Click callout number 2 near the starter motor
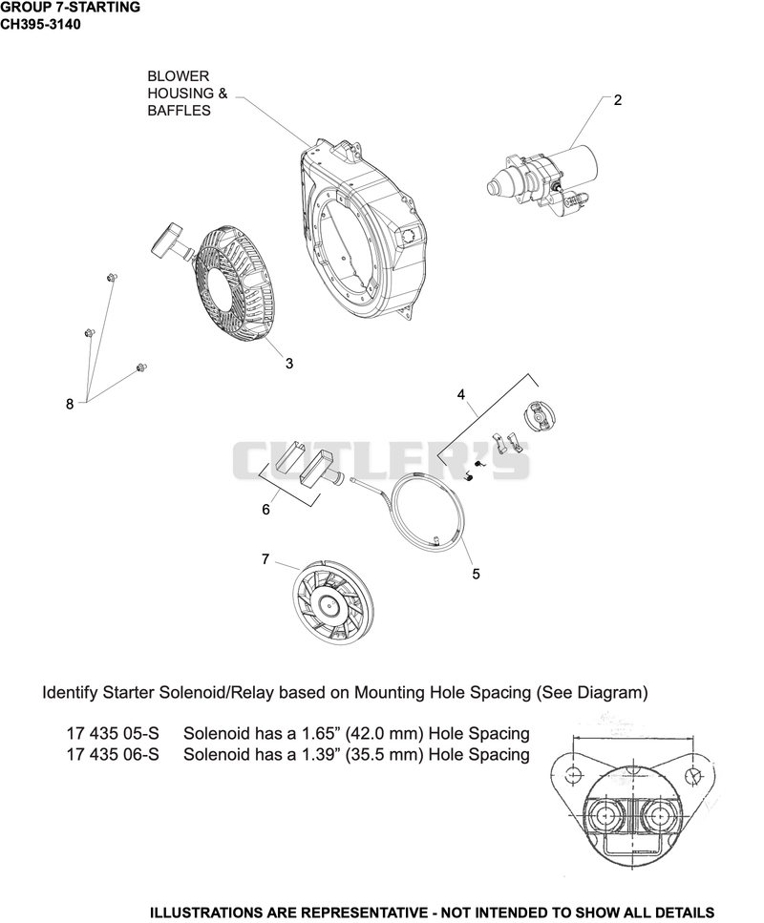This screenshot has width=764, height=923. (617, 100)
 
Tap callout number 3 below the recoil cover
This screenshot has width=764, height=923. (289, 364)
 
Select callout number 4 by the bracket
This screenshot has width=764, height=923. (461, 394)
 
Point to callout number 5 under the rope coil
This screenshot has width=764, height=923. (476, 574)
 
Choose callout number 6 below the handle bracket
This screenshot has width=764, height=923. (265, 509)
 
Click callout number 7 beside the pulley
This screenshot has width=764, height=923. (265, 558)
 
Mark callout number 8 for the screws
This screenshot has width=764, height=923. (70, 404)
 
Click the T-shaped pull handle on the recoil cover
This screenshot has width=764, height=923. (171, 241)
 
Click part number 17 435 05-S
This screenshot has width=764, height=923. (113, 733)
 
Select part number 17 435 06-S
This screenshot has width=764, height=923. (113, 754)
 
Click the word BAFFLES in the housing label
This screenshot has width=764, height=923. (180, 111)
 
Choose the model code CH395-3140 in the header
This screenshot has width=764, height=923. (40, 25)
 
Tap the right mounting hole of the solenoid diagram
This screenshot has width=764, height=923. (694, 775)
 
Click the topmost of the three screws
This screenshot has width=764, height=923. (111, 277)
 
